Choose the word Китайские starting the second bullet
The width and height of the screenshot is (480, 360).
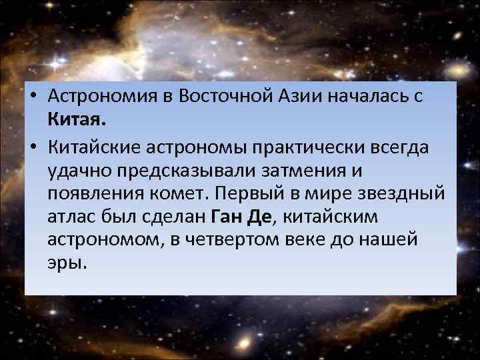[95, 145]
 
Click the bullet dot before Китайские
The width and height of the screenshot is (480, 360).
[33, 146]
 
